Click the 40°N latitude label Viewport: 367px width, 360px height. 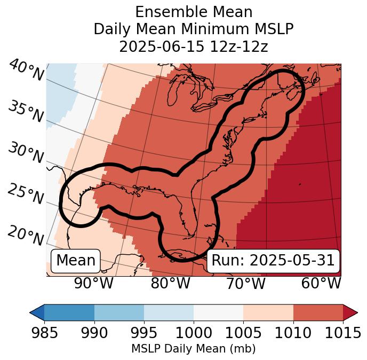click(x=26, y=71)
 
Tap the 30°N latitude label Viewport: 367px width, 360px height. click(x=26, y=153)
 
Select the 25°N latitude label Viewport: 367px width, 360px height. click(x=26, y=194)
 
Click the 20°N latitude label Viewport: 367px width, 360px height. click(x=26, y=236)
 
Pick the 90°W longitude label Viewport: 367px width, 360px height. click(x=94, y=283)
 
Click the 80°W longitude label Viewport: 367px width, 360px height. click(x=170, y=283)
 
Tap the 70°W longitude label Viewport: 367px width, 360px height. click(x=245, y=283)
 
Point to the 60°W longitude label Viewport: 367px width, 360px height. click(x=321, y=283)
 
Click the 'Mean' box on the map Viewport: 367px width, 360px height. click(x=76, y=261)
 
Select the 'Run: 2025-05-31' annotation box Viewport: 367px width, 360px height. click(x=273, y=261)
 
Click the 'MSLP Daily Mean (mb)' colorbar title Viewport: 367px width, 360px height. click(x=194, y=349)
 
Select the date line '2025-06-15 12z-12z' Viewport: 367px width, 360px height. click(x=194, y=46)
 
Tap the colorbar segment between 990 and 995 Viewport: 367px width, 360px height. click(x=119, y=312)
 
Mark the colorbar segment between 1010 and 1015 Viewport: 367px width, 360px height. click(x=318, y=312)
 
